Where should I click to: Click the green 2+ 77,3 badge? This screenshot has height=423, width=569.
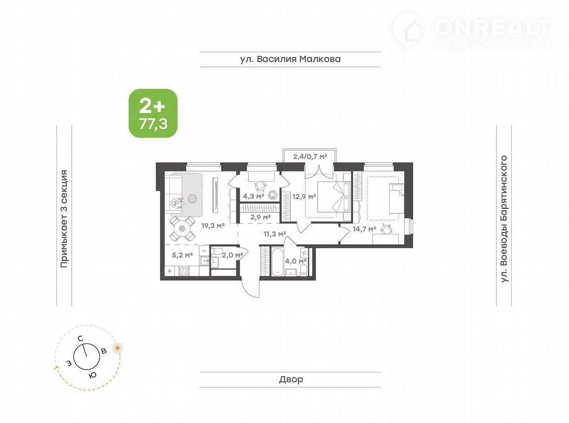coord(153,113)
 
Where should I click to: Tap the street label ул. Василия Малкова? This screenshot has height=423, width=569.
coord(290,59)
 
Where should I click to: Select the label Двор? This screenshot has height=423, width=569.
coord(291,379)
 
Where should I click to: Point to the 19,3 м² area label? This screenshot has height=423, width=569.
coord(213,226)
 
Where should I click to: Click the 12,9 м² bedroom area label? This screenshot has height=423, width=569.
coord(304,197)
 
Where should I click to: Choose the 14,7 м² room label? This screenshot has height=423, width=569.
coord(364,229)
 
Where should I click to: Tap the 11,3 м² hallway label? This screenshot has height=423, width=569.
coord(275,234)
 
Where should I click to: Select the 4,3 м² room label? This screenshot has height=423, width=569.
coord(254,197)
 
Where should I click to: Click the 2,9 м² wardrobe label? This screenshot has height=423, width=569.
coord(261,218)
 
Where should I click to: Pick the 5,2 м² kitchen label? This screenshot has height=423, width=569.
coord(182,255)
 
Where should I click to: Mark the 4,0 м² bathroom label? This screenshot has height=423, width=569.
coord(296,261)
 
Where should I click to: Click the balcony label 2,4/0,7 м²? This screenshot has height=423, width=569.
coord(310,156)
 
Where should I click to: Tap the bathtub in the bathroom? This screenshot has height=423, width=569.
coord(278,261)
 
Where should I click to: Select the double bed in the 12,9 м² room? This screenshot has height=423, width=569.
coord(334,197)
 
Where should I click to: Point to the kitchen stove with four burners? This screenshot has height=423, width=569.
coord(184,271)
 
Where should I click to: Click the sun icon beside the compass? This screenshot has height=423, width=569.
coord(118,348)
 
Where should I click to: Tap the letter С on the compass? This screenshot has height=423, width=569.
coord(80,339)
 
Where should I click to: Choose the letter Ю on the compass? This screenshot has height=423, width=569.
coord(93,375)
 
